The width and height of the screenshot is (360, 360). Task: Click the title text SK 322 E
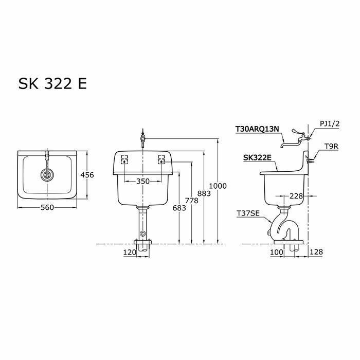52,84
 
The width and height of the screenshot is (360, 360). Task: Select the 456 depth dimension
87,175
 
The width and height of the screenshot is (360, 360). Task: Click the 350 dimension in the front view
143,182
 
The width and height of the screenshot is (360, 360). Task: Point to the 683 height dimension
179,207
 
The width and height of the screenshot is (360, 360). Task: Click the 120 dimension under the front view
130,252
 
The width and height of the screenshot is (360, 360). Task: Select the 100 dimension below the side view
277,252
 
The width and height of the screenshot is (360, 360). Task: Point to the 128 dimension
317,252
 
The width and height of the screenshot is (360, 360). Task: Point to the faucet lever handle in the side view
297,132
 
